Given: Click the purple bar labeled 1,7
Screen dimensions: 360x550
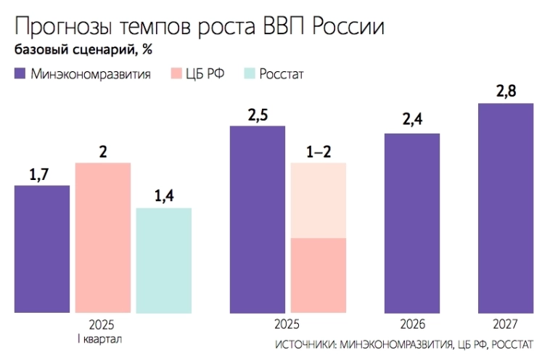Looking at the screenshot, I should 42,248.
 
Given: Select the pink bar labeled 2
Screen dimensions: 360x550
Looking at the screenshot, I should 103,237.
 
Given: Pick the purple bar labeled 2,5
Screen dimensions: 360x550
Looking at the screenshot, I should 258,219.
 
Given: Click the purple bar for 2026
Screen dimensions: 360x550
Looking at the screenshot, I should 412,223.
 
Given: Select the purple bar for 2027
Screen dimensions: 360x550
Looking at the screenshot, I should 506,208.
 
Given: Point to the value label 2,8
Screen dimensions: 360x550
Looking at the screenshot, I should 506,92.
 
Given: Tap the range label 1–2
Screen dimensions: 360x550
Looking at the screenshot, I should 318,151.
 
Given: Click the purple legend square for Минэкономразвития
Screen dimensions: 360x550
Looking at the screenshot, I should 20,73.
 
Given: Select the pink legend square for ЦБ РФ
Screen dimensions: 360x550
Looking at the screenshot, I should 176,73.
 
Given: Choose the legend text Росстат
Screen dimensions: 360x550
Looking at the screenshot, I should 282,73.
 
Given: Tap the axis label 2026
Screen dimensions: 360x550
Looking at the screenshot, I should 412,324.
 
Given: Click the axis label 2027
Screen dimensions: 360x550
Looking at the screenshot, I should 506,324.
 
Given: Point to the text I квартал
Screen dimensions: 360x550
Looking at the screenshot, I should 102,339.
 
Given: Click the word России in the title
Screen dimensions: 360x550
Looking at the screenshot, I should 348,27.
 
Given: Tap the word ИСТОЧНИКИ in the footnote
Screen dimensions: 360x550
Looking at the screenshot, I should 305,343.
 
